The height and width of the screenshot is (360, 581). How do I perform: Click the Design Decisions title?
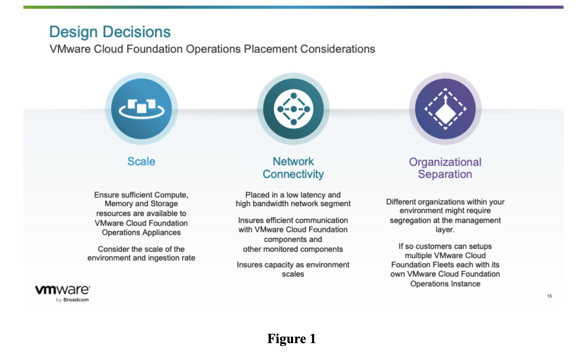pos(110,32)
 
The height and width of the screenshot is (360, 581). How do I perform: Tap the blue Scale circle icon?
pos(142,109)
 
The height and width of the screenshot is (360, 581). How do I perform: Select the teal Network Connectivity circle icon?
pos(294,109)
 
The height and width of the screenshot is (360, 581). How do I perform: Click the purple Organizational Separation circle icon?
pos(445,109)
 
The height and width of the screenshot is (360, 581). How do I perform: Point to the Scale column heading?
pos(142,161)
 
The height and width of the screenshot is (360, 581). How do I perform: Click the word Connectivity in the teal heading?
pos(293,174)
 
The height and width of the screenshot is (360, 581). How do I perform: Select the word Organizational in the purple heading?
pos(445,162)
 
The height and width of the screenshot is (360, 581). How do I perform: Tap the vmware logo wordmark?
pos(63,290)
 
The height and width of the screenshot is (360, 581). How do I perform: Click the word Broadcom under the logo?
pos(76,300)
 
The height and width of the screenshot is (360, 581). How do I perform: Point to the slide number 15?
pos(549,296)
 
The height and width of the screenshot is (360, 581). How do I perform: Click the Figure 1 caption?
pos(291,338)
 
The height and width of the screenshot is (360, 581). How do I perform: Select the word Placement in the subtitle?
pos(271,49)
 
